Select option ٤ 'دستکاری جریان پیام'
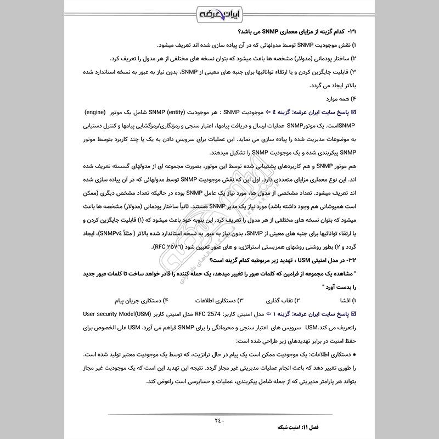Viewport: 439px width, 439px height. point(140,301)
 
